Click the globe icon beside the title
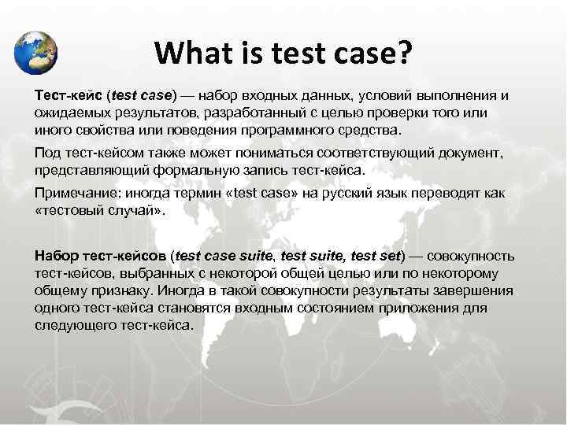click(x=36, y=52)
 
